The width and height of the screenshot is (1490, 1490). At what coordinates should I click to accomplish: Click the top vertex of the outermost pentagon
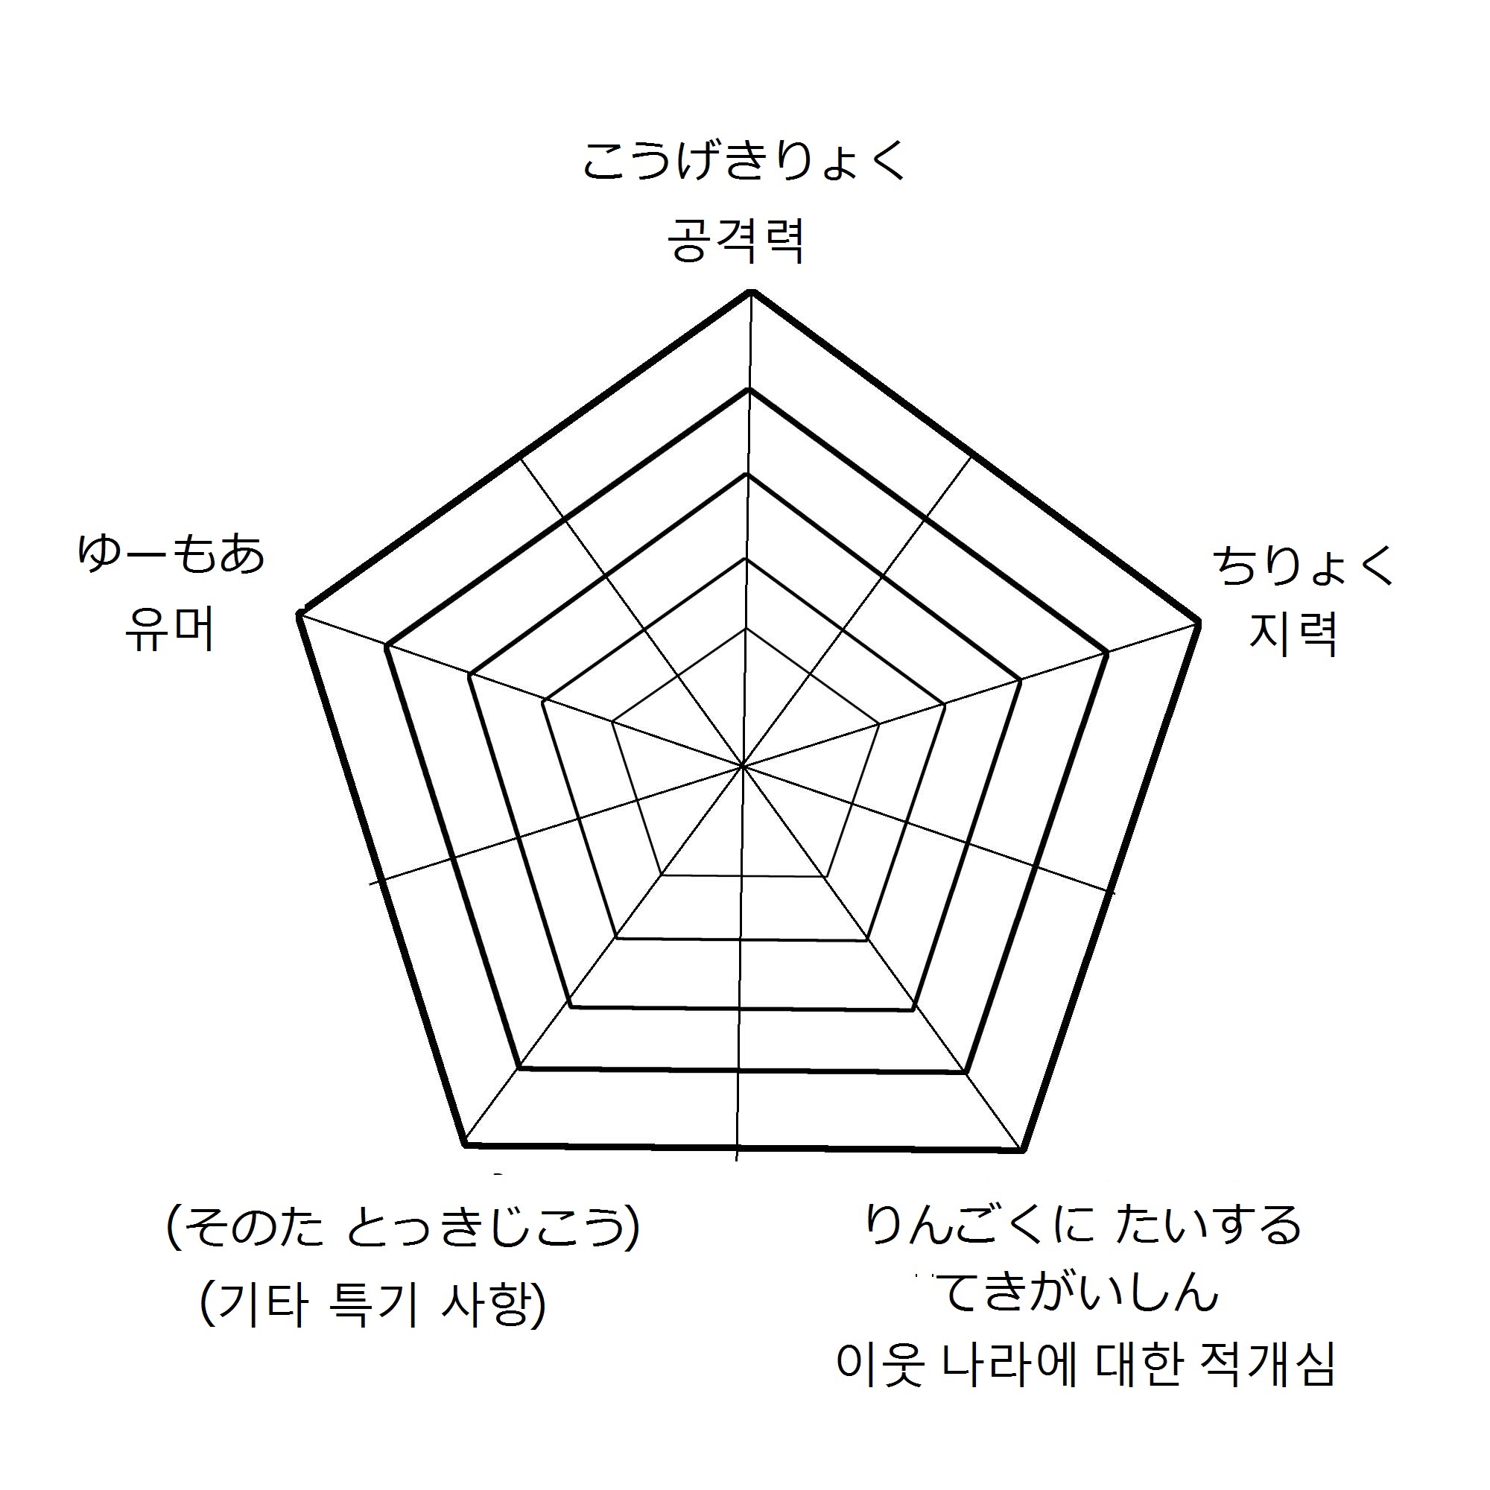click(x=751, y=291)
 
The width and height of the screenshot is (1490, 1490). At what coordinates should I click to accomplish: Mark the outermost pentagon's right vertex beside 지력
click(x=1199, y=620)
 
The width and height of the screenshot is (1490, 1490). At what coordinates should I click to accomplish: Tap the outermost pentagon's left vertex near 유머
click(x=299, y=614)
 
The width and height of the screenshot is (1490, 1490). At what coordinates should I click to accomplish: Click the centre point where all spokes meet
click(x=743, y=767)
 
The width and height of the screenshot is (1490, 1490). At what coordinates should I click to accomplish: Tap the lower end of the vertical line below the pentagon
click(x=738, y=1182)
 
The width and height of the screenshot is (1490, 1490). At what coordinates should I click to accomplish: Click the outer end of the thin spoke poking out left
click(x=370, y=884)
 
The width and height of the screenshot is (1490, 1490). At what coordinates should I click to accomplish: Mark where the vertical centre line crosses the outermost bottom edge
click(x=738, y=1147)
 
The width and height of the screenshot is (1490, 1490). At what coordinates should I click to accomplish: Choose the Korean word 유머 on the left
click(x=170, y=630)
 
